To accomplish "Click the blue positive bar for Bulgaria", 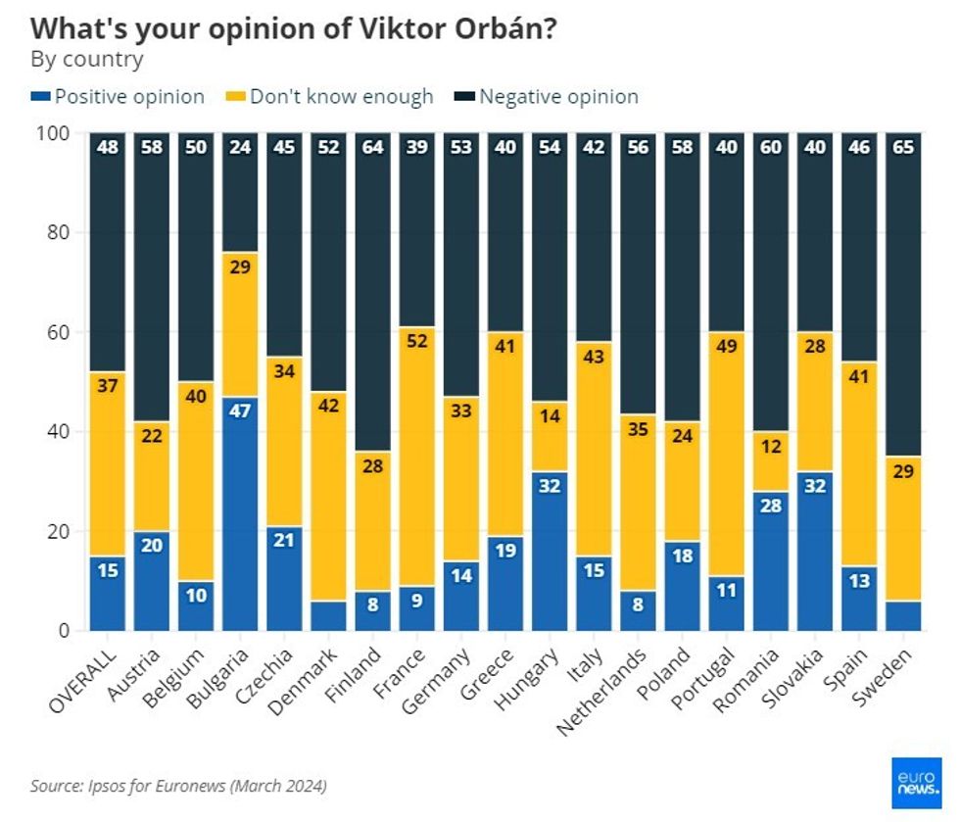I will point(240,513).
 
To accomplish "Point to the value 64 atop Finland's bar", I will point(372,147).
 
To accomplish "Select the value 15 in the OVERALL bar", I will point(107,568).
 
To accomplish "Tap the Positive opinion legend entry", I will point(119,97).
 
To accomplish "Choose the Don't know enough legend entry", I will point(331,97).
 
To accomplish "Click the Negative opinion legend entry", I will point(548,97).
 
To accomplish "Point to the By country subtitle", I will point(87,60).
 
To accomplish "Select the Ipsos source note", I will point(178,786).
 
